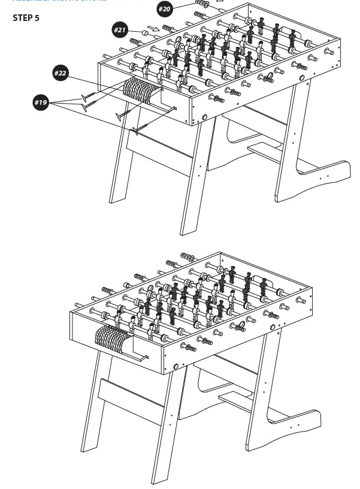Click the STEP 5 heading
[26, 18]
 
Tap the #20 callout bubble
[165, 9]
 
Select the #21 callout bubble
[120, 29]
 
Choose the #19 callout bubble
[41, 102]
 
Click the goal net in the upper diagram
[141, 89]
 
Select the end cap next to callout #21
[144, 33]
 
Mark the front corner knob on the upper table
[203, 117]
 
